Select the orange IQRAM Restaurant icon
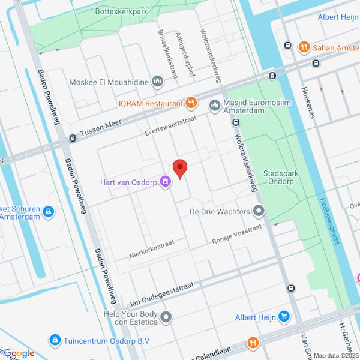coord(191,103)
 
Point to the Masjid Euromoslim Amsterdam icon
coord(214,106)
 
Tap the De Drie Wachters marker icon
coord(259,211)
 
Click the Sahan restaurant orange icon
coord(304,47)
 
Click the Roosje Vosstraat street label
coord(238,234)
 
